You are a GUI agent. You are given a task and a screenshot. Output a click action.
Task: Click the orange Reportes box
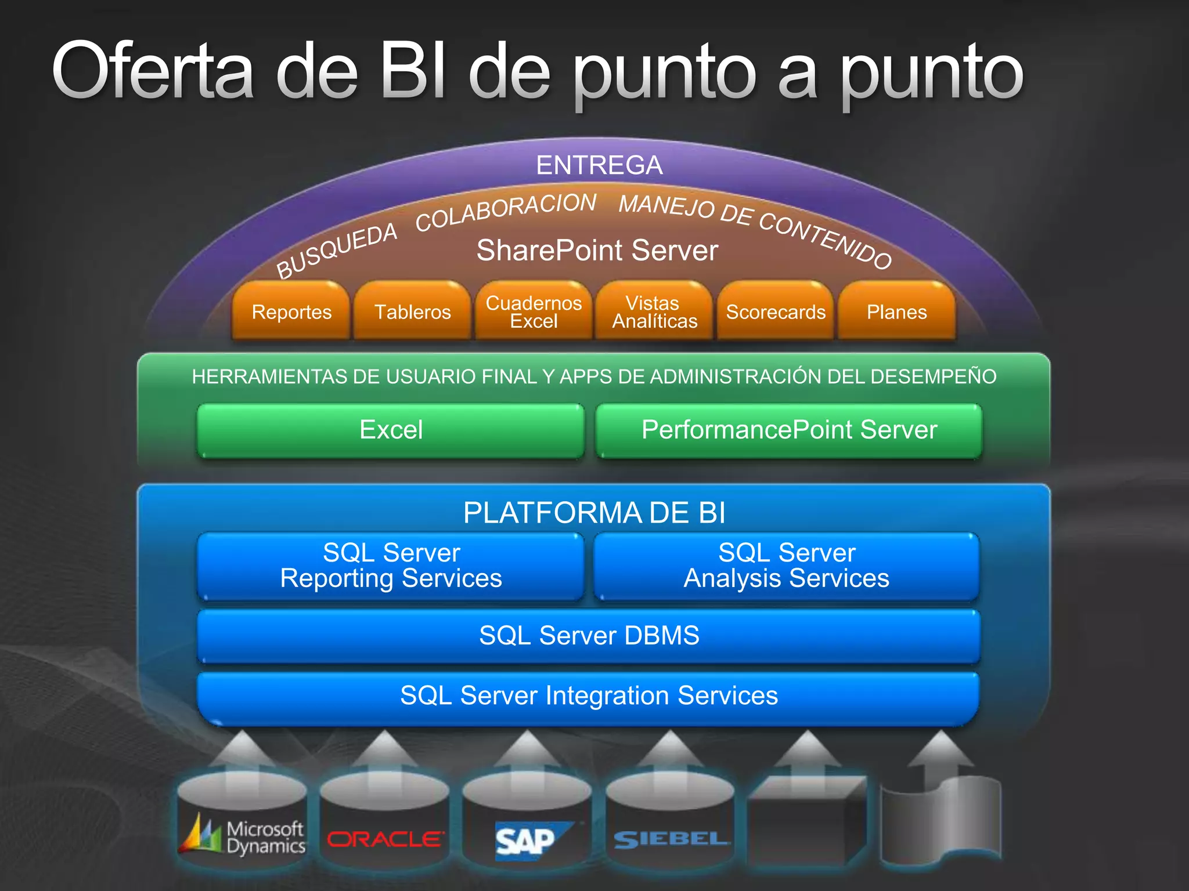[x=291, y=312]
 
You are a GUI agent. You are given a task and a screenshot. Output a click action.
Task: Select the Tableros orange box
[x=412, y=312]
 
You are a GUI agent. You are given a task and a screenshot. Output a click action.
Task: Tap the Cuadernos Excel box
[x=534, y=312]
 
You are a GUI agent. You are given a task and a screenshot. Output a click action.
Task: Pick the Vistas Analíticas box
[x=654, y=312]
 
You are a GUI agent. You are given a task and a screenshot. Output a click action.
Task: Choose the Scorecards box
[x=776, y=312]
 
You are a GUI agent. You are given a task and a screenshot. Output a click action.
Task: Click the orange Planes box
[x=896, y=312]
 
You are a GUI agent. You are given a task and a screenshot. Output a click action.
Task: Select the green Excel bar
[x=391, y=430]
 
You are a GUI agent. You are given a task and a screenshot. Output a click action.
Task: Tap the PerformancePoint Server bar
[x=789, y=430]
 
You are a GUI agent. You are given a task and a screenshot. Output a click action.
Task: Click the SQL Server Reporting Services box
[x=391, y=566]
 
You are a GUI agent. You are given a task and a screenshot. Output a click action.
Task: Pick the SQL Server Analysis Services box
[x=787, y=566]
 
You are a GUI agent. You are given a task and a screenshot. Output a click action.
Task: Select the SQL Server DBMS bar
[x=589, y=635]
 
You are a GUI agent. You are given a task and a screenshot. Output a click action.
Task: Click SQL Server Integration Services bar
[x=589, y=696]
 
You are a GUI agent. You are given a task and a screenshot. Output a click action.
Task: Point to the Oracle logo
[x=385, y=839]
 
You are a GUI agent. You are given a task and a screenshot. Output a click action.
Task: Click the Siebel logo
[x=671, y=839]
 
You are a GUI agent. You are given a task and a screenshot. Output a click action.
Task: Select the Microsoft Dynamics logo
[x=243, y=836]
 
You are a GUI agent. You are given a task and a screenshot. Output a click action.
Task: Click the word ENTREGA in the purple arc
[x=599, y=165]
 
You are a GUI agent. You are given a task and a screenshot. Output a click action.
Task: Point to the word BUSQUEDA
[x=337, y=251]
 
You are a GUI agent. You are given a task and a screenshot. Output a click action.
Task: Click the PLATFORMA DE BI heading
[x=594, y=513]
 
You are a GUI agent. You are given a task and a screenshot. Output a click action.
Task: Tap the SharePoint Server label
[x=597, y=251]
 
